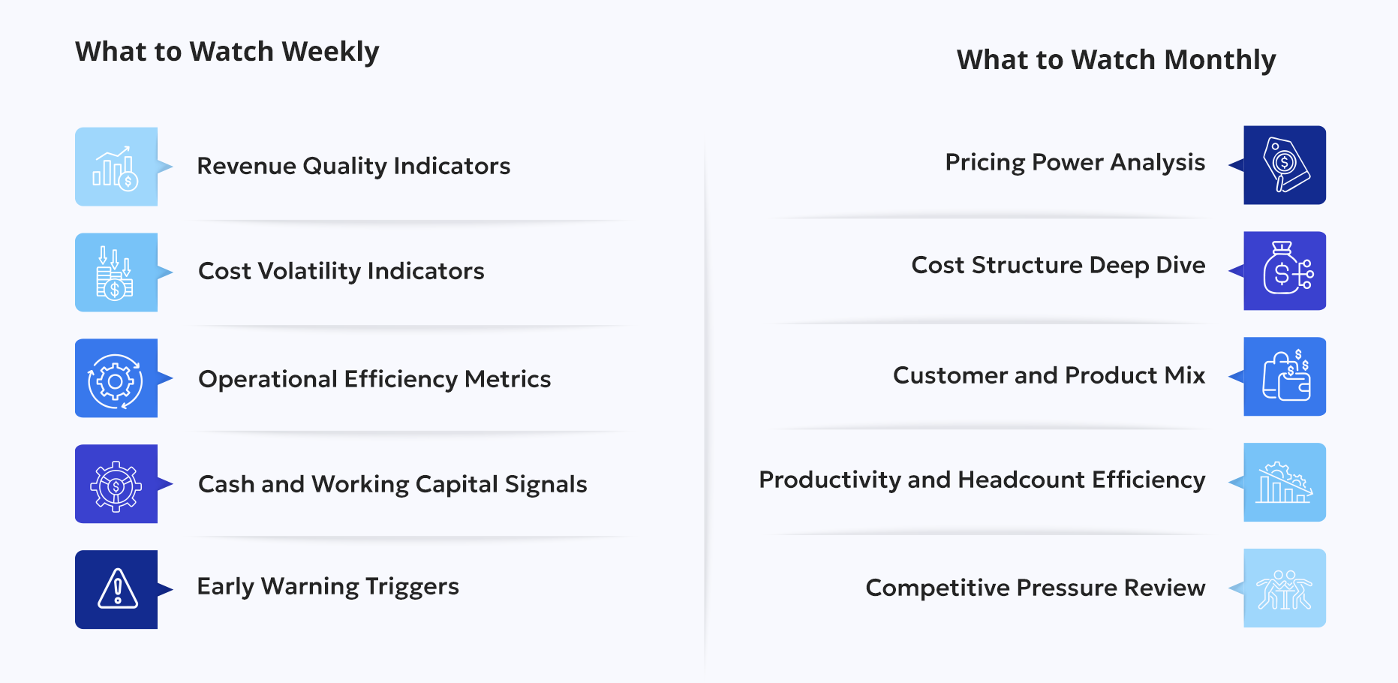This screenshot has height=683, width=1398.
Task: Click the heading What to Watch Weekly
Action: click(x=227, y=52)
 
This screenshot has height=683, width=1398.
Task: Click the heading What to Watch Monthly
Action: click(x=1116, y=60)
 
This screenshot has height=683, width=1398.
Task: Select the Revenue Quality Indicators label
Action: click(x=353, y=166)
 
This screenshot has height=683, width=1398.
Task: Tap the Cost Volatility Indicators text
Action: click(x=341, y=271)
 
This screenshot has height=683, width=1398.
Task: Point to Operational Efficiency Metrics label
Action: click(x=374, y=379)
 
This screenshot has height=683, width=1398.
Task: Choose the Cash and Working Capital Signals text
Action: click(x=392, y=484)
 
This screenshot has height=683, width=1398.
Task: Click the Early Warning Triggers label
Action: click(x=328, y=586)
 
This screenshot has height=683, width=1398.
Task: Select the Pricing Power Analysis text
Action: click(x=1075, y=162)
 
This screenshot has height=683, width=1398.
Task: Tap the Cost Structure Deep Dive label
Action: click(x=1058, y=265)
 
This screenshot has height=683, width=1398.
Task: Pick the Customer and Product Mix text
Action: click(x=1048, y=375)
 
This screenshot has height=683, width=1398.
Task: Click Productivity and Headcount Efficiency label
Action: click(x=982, y=480)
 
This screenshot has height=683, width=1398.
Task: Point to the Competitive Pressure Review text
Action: click(x=1035, y=588)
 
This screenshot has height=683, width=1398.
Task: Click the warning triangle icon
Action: click(x=117, y=589)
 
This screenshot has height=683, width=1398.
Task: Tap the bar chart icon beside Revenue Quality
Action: click(x=116, y=167)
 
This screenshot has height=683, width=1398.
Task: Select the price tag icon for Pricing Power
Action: click(x=1285, y=165)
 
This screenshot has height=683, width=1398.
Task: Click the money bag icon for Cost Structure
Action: click(x=1285, y=271)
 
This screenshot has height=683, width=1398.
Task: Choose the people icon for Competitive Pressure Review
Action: click(x=1285, y=588)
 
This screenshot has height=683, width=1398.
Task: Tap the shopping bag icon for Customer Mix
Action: click(x=1285, y=377)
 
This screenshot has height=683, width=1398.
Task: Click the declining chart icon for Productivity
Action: click(x=1285, y=483)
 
